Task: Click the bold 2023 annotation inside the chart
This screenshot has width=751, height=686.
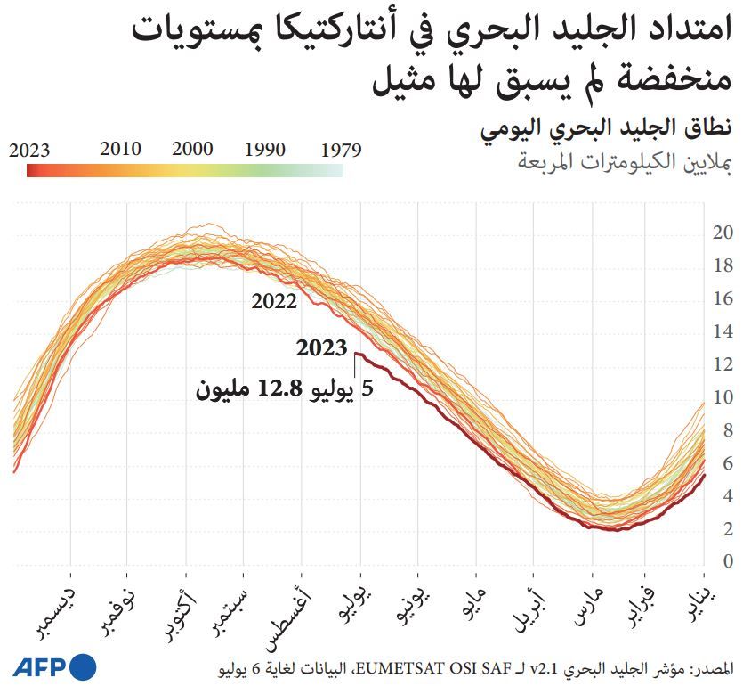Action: pyautogui.click(x=321, y=348)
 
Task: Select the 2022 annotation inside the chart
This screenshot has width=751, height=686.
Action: pyautogui.click(x=274, y=301)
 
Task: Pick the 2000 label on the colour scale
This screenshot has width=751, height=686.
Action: pyautogui.click(x=192, y=149)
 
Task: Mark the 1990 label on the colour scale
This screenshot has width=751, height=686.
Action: pyautogui.click(x=264, y=149)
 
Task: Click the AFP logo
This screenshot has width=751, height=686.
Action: pyautogui.click(x=53, y=666)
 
